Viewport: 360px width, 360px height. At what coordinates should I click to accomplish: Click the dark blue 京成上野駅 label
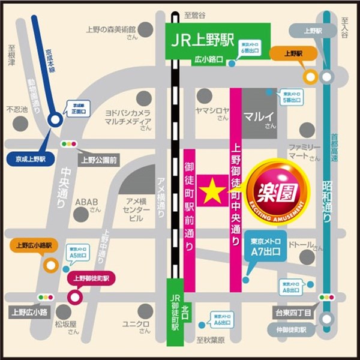tap(31, 158)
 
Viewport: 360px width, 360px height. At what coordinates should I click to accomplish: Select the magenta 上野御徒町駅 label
tap(95, 278)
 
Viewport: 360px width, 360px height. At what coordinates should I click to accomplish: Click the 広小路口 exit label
tap(208, 60)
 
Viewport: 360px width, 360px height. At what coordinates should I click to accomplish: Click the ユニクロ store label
tap(136, 325)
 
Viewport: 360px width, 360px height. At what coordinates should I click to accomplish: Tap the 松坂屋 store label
tap(67, 325)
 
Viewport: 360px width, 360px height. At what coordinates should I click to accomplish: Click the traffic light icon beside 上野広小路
tap(46, 297)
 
